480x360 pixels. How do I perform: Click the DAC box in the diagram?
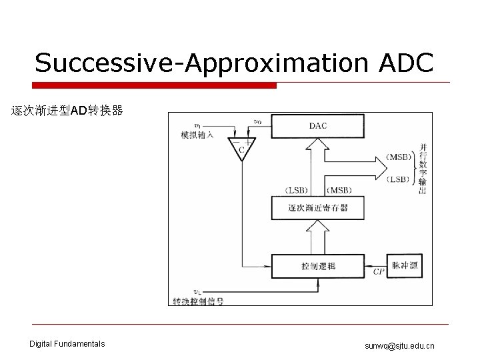tap(317, 125)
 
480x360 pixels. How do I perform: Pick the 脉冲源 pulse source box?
tap(405, 265)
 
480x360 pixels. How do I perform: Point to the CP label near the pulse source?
tap(379, 272)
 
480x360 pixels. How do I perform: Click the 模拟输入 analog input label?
tap(197, 135)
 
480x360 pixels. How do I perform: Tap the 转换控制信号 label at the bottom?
tap(198, 301)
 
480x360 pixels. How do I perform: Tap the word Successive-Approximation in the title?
tap(200, 63)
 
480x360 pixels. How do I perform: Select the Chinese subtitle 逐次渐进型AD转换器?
tap(67, 111)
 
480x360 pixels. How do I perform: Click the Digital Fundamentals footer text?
tap(67, 344)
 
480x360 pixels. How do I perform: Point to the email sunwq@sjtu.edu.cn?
tap(399, 345)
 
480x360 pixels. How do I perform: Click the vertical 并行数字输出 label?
tap(423, 168)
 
